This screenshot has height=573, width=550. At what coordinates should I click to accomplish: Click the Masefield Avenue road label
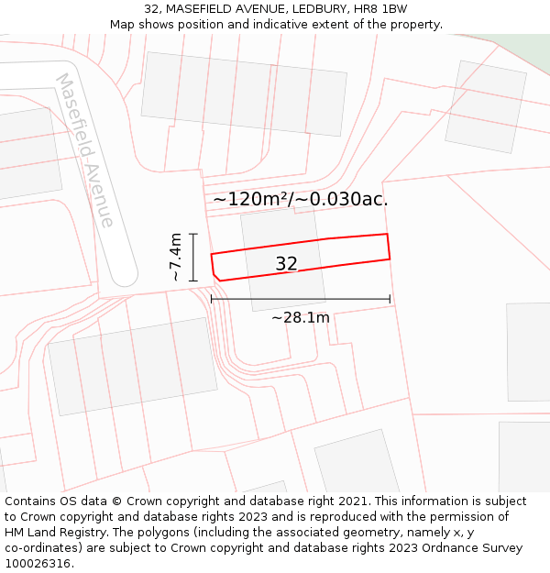[85, 150]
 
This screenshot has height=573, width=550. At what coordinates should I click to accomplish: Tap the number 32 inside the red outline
[286, 264]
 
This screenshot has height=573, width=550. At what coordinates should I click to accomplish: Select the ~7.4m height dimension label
[175, 258]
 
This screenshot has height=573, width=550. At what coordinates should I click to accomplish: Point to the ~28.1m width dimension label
[300, 318]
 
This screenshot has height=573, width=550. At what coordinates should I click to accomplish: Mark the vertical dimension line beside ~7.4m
[193, 258]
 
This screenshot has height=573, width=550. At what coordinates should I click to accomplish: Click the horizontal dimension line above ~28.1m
[300, 299]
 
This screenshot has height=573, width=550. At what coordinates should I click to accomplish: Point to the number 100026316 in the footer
[37, 564]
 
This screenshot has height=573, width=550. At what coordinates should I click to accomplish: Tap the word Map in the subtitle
[123, 25]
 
